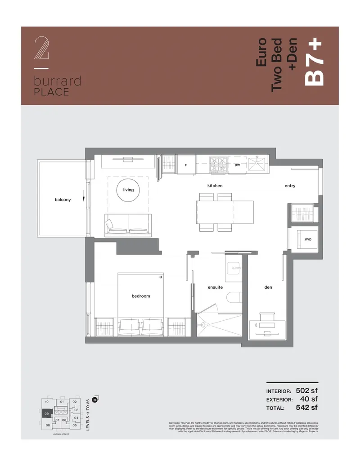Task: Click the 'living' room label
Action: (x=128, y=190)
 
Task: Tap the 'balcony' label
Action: (x=63, y=200)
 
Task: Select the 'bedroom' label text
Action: (x=141, y=296)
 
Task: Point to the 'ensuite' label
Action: (x=215, y=287)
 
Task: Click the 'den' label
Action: (x=268, y=287)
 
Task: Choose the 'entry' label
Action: (x=290, y=186)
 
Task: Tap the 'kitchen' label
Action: (x=215, y=186)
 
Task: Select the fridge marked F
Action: (x=186, y=165)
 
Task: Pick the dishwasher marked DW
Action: (x=237, y=165)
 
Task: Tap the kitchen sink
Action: (x=259, y=164)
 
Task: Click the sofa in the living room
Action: (x=128, y=226)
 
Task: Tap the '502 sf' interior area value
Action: (x=306, y=390)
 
